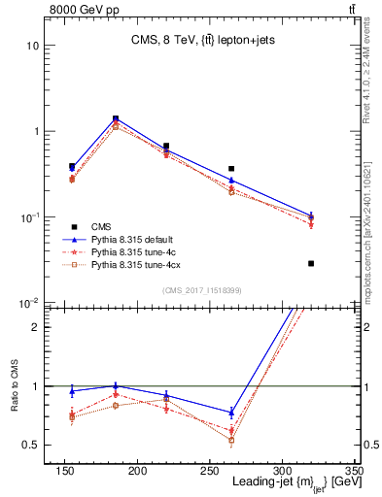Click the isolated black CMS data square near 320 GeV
coord(311,263)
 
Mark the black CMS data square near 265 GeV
coord(231,169)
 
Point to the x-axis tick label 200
coord(137,472)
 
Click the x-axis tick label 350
coord(353,472)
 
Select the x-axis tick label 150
coord(65,472)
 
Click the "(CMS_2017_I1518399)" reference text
coord(201,290)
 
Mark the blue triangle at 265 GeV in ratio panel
coord(231,413)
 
